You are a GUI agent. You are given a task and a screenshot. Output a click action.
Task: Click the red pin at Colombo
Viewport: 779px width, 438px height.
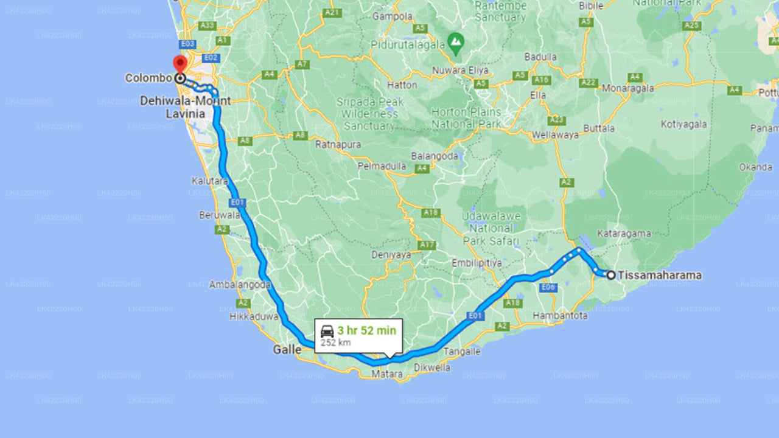pos(180,64)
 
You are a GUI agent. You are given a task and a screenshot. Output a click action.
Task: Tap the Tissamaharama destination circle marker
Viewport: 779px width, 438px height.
pos(610,275)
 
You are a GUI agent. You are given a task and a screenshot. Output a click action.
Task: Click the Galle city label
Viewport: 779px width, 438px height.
pos(287,350)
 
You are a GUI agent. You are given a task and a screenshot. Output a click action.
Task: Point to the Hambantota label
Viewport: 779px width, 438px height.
pos(560,316)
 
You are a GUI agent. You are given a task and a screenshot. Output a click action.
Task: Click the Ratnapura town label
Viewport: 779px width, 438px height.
pos(338,145)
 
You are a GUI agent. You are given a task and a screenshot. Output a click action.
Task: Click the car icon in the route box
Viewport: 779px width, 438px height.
pos(327,332)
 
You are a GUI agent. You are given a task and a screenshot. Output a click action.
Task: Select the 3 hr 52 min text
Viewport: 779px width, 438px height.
pos(367,330)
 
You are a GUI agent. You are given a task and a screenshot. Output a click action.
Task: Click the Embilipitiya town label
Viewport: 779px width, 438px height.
pos(477,263)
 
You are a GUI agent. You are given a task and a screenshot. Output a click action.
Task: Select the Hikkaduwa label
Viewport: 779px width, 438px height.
pos(254,316)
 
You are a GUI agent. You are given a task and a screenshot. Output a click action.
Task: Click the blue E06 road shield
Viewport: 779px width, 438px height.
pos(548,287)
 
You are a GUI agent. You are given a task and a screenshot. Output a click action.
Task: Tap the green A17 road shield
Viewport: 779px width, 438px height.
pos(427,245)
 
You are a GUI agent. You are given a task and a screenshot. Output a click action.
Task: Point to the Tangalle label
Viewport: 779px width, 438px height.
pos(462,352)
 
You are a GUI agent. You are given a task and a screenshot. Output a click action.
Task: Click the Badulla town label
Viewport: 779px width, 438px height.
pos(541,57)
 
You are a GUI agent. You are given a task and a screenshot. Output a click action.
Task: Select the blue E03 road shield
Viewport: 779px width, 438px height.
pos(187,44)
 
